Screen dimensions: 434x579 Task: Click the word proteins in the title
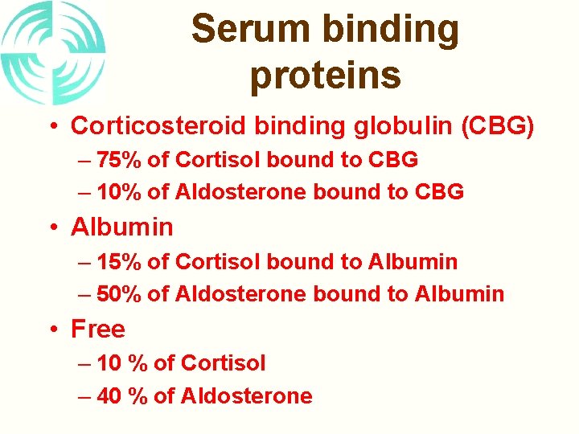click(x=325, y=75)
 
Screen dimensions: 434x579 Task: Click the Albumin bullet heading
click(x=121, y=227)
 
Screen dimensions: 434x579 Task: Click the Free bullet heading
click(x=98, y=329)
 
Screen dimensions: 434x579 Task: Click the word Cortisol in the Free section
click(x=223, y=363)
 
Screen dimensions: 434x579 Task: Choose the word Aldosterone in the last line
click(x=246, y=396)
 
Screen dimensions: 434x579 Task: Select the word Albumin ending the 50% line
click(x=459, y=294)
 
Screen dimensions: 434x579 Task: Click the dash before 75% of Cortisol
click(x=85, y=161)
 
